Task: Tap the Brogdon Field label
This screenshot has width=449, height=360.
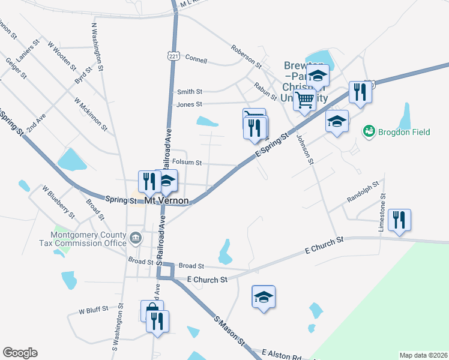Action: click(x=403, y=131)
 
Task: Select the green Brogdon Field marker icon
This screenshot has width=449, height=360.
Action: click(x=369, y=131)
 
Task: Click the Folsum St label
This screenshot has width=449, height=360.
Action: click(x=187, y=162)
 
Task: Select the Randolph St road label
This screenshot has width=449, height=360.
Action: click(x=364, y=191)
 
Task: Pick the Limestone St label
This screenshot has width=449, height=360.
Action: click(x=382, y=213)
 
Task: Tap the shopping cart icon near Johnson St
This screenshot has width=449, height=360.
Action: click(x=305, y=98)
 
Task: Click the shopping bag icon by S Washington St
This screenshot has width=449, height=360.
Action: click(x=152, y=310)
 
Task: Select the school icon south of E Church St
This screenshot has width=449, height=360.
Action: click(x=263, y=296)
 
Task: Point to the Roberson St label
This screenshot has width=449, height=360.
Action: click(x=246, y=56)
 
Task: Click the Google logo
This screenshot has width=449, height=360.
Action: click(x=20, y=353)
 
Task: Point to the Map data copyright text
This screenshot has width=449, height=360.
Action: click(x=423, y=355)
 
